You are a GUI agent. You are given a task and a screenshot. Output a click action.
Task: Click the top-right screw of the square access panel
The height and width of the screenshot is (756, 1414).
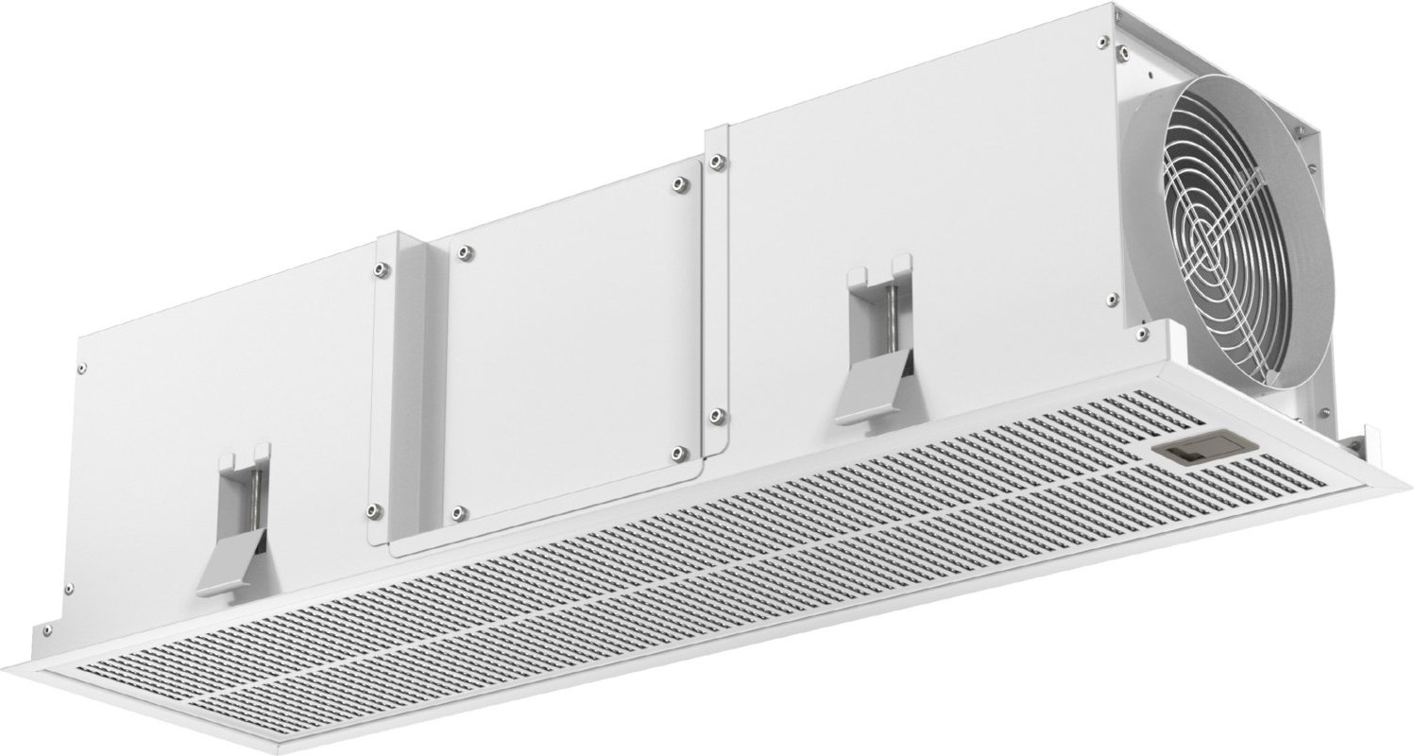679,185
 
